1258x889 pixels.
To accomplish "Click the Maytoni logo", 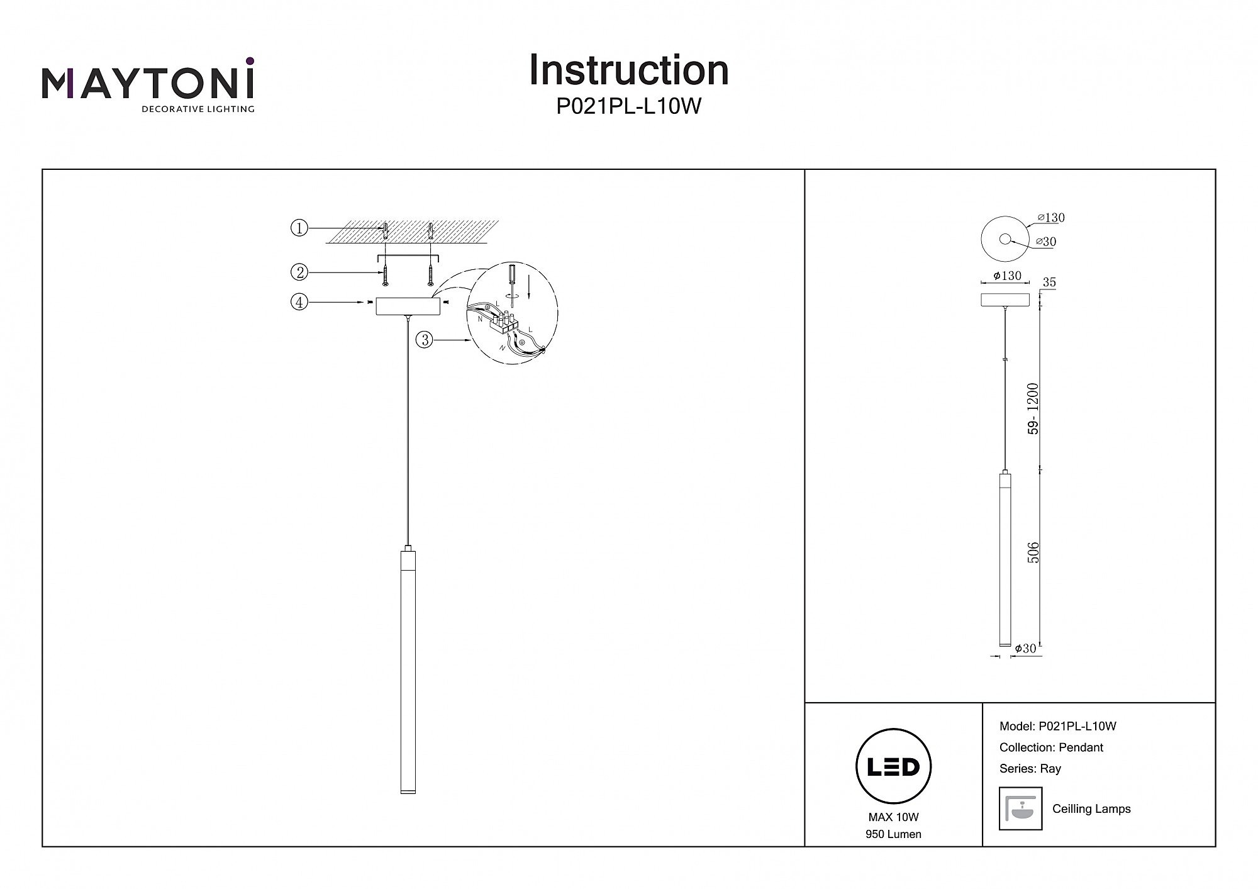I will coord(148,85).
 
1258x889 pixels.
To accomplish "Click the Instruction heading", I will coord(628,70).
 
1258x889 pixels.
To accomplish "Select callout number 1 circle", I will coord(299,228).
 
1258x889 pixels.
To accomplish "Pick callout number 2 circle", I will coord(299,272).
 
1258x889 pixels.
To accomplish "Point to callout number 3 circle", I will coord(425,340).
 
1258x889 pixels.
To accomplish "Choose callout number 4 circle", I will coord(299,303).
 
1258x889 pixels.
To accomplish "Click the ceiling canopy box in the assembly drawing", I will coord(408,306).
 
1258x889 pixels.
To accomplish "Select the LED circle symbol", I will coord(893,766).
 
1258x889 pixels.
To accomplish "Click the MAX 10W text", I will coord(893,817).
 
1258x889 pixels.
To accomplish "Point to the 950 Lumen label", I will coord(893,834).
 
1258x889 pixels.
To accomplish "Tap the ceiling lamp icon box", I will coord(1020,808).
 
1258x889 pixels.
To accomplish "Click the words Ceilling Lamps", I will coord(1091,809).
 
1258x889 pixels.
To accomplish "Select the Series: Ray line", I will coord(1030,769).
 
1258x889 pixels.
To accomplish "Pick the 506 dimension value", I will coord(1033,552).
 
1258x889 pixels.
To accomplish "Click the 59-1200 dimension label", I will coord(1033,409).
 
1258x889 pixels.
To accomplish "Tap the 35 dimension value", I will coord(1049,282).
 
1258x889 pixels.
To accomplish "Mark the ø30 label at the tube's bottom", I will coord(1025,649).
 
